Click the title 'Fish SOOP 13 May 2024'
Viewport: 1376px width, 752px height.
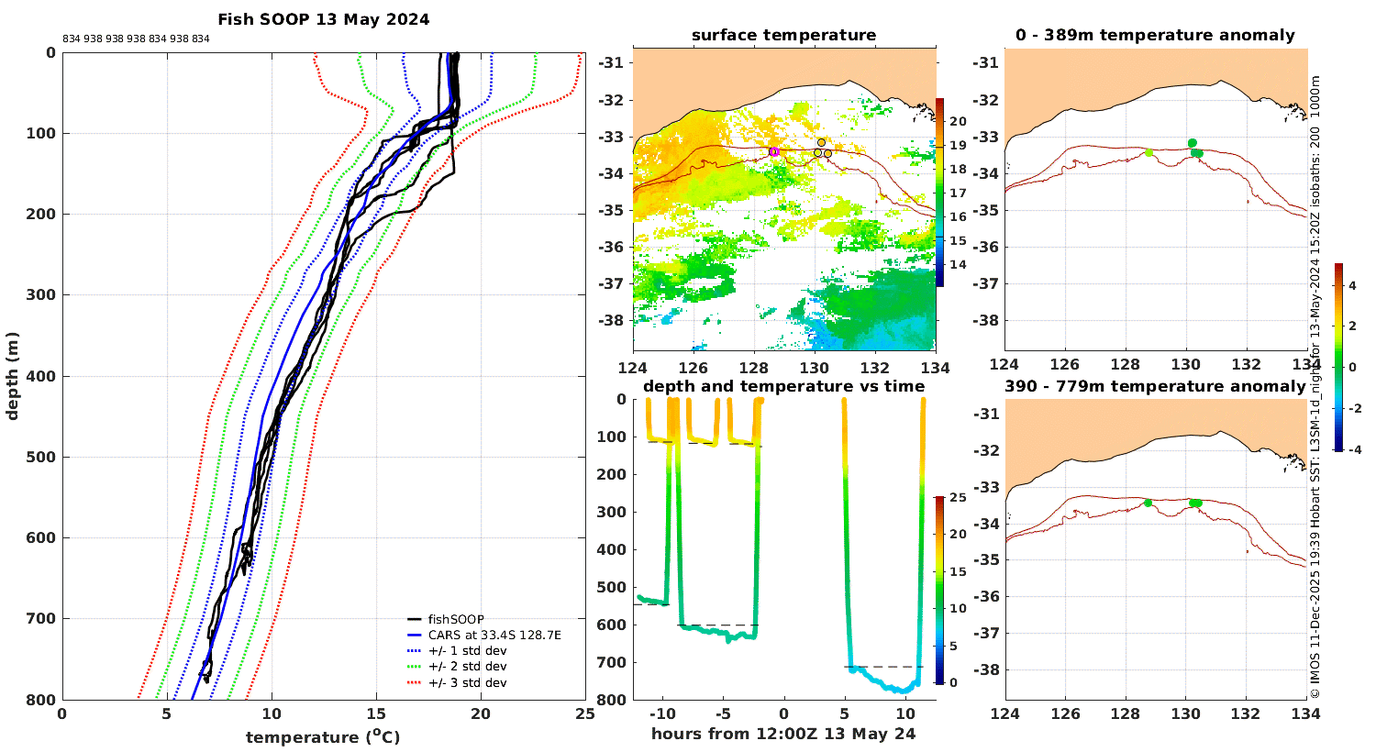tap(324, 19)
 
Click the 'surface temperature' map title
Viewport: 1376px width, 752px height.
tap(783, 36)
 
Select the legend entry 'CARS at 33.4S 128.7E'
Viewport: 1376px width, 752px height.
tap(494, 635)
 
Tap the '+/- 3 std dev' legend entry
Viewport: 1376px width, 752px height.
tap(468, 682)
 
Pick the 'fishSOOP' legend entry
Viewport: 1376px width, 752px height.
tap(456, 619)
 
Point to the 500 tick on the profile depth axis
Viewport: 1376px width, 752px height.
tap(41, 457)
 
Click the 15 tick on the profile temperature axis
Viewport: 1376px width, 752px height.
tap(376, 713)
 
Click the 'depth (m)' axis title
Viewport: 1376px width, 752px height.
tap(12, 376)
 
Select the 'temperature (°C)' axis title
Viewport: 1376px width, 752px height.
tap(323, 736)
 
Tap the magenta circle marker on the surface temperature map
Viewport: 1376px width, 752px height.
tap(774, 151)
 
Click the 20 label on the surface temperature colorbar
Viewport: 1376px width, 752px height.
tap(958, 122)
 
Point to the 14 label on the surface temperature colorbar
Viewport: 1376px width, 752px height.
tap(958, 265)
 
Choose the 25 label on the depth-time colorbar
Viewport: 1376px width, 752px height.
tap(958, 497)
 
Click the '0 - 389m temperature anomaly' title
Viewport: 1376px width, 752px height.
tap(1155, 36)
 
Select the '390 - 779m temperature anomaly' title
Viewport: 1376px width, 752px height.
tap(1155, 387)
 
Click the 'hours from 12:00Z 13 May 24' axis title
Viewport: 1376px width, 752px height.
tap(783, 735)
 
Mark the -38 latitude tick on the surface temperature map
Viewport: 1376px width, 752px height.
tap(611, 320)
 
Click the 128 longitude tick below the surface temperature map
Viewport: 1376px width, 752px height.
tap(754, 368)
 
